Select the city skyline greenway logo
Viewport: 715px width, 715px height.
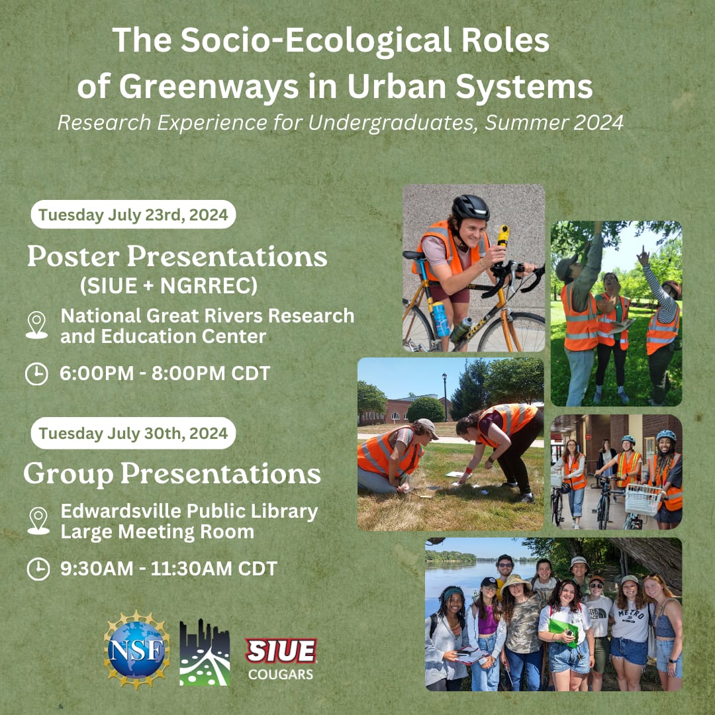pos(205,653)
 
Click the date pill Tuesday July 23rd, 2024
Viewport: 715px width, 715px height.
pos(133,215)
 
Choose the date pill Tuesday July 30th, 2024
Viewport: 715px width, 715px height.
pos(133,433)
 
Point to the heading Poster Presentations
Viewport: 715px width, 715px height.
pos(177,257)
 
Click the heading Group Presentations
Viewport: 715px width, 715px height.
pos(172,474)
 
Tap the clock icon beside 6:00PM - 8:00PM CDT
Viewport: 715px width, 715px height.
pos(37,374)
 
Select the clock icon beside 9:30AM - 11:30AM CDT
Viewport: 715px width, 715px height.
pos(38,569)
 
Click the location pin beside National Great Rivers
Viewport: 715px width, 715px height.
pos(36,325)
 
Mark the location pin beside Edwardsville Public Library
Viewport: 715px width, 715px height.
pos(38,521)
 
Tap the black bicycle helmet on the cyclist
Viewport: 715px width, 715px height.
pos(470,209)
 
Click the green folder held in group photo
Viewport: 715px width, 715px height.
pos(562,629)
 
